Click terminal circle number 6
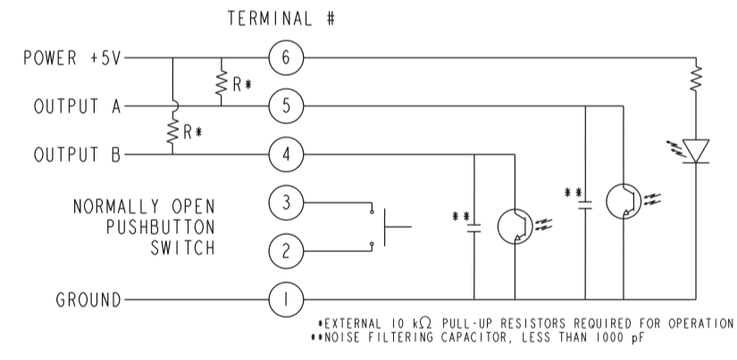286,59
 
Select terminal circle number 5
286,106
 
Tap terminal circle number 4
286,154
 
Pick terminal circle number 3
286,203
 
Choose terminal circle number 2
286,250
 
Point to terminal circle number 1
286,298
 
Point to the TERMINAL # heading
281,18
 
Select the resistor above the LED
694,80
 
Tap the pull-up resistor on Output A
220,83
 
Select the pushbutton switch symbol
386,227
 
